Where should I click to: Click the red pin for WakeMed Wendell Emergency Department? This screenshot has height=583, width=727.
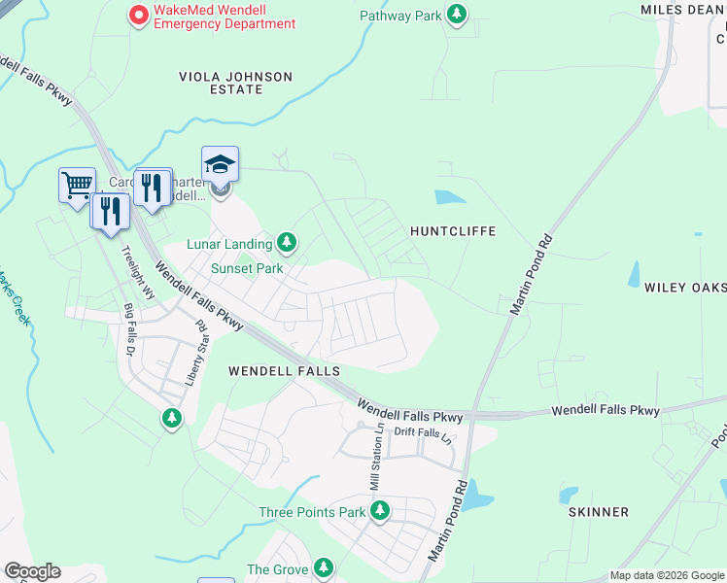[x=138, y=15]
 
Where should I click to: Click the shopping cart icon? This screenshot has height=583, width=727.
[x=77, y=183]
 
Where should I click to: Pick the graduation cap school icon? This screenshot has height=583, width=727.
[x=221, y=163]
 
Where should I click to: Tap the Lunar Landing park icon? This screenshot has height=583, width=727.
[x=286, y=241]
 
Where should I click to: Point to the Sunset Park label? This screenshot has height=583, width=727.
[x=247, y=268]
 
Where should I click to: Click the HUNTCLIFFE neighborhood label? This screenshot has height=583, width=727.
[x=453, y=231]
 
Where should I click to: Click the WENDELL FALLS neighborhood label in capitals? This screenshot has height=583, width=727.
[x=284, y=371]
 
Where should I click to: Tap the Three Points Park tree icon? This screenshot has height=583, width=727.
[x=381, y=510]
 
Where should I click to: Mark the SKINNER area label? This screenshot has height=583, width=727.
[x=600, y=511]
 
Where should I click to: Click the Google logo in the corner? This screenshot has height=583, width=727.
[x=32, y=571]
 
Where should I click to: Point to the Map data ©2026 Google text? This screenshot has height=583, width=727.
[x=667, y=575]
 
